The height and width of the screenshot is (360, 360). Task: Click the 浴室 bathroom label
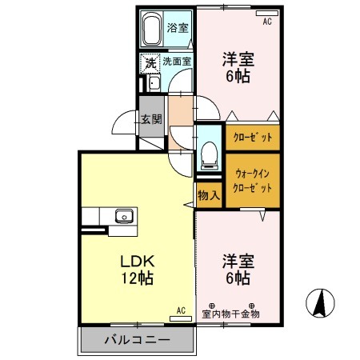point(176,27)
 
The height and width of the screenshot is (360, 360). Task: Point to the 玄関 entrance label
point(151,120)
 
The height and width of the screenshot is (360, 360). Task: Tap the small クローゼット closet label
point(253,138)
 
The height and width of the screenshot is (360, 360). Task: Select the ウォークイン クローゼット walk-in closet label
point(253,179)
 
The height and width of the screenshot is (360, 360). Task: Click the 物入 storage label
point(208,194)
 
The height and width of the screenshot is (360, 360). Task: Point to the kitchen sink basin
point(123,216)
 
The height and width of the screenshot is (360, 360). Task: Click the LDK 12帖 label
point(137,270)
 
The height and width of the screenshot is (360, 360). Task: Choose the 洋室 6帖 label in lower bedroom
point(237,270)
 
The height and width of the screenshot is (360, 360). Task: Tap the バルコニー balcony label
point(137,339)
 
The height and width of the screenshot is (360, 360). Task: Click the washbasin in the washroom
point(153,83)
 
